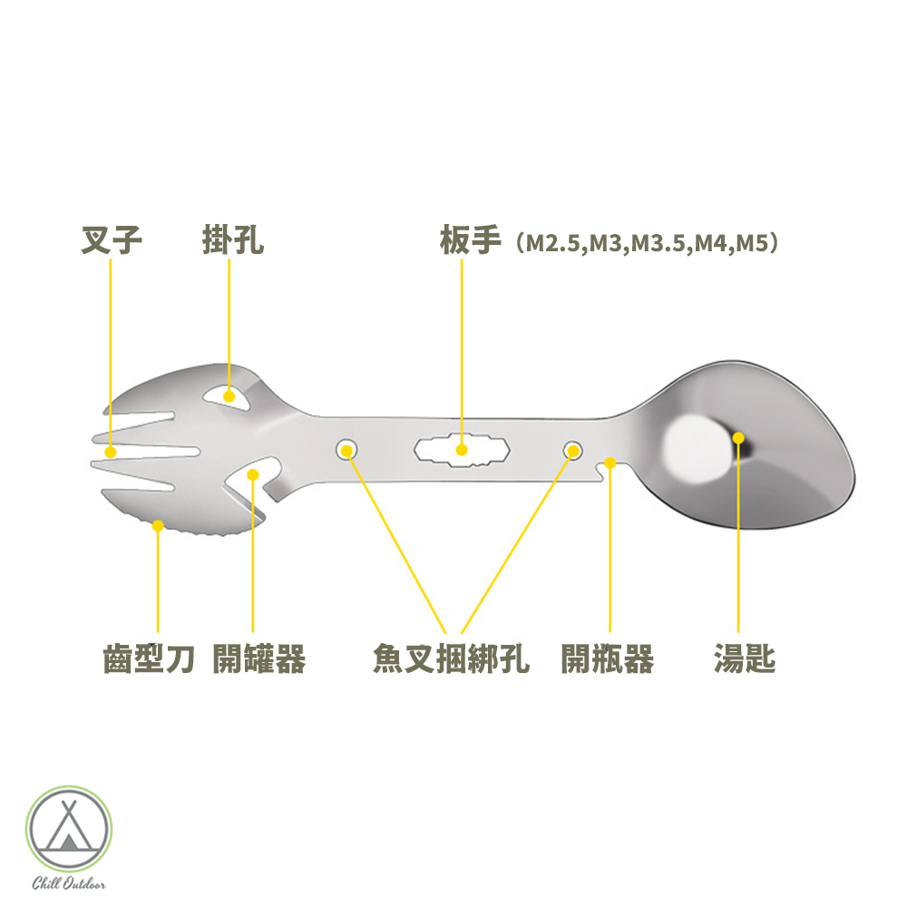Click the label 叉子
(112, 242)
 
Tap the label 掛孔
(232, 242)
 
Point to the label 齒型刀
(149, 659)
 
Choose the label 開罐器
(258, 659)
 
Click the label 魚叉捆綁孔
(450, 659)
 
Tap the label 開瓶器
(607, 659)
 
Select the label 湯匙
(744, 659)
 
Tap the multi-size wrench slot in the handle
(461, 449)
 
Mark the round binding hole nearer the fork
(346, 448)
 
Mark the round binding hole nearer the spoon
(572, 449)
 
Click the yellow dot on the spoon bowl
(738, 438)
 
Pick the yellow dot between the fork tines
(111, 451)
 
